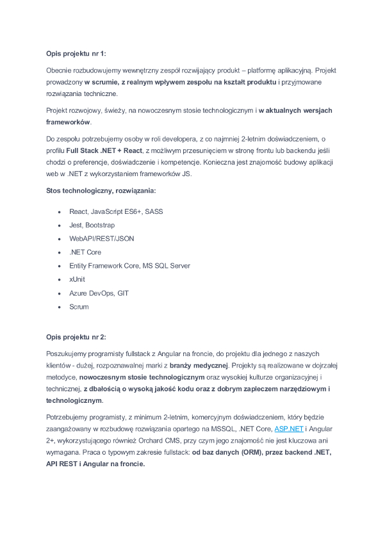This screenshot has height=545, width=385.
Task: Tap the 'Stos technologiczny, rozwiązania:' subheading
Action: point(100,190)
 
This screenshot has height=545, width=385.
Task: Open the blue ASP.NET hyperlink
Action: point(288,429)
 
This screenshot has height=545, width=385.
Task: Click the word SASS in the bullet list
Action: point(154,211)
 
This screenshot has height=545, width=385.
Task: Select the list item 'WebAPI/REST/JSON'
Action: point(101,238)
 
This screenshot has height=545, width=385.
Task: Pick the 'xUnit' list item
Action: point(77,279)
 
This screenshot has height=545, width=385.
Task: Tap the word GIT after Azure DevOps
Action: point(123,293)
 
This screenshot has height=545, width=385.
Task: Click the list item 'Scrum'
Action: point(79,307)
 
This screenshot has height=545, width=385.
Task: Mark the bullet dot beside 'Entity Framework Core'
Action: point(59,266)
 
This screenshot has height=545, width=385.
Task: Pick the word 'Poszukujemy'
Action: point(67,354)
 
